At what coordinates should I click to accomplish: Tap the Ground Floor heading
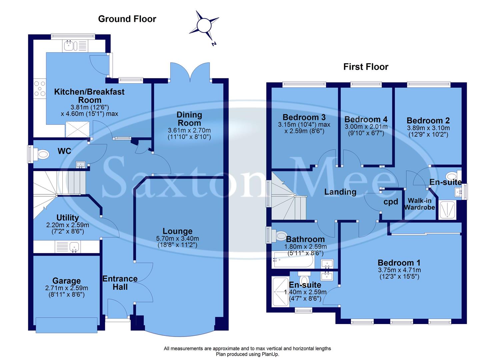tap(127, 19)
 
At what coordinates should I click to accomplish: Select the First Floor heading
tap(366, 67)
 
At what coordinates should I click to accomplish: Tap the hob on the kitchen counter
tap(40, 89)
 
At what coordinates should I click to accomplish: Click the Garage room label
tap(67, 281)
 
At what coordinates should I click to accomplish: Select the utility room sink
tap(74, 247)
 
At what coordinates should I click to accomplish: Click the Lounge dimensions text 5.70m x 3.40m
tap(177, 239)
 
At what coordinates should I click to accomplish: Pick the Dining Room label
tap(189, 119)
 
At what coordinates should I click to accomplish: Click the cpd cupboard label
tap(391, 202)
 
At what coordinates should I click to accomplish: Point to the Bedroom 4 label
tap(366, 119)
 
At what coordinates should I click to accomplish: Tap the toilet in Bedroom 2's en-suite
tap(452, 176)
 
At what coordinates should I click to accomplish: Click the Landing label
tap(340, 192)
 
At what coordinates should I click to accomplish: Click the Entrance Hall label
tap(120, 283)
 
